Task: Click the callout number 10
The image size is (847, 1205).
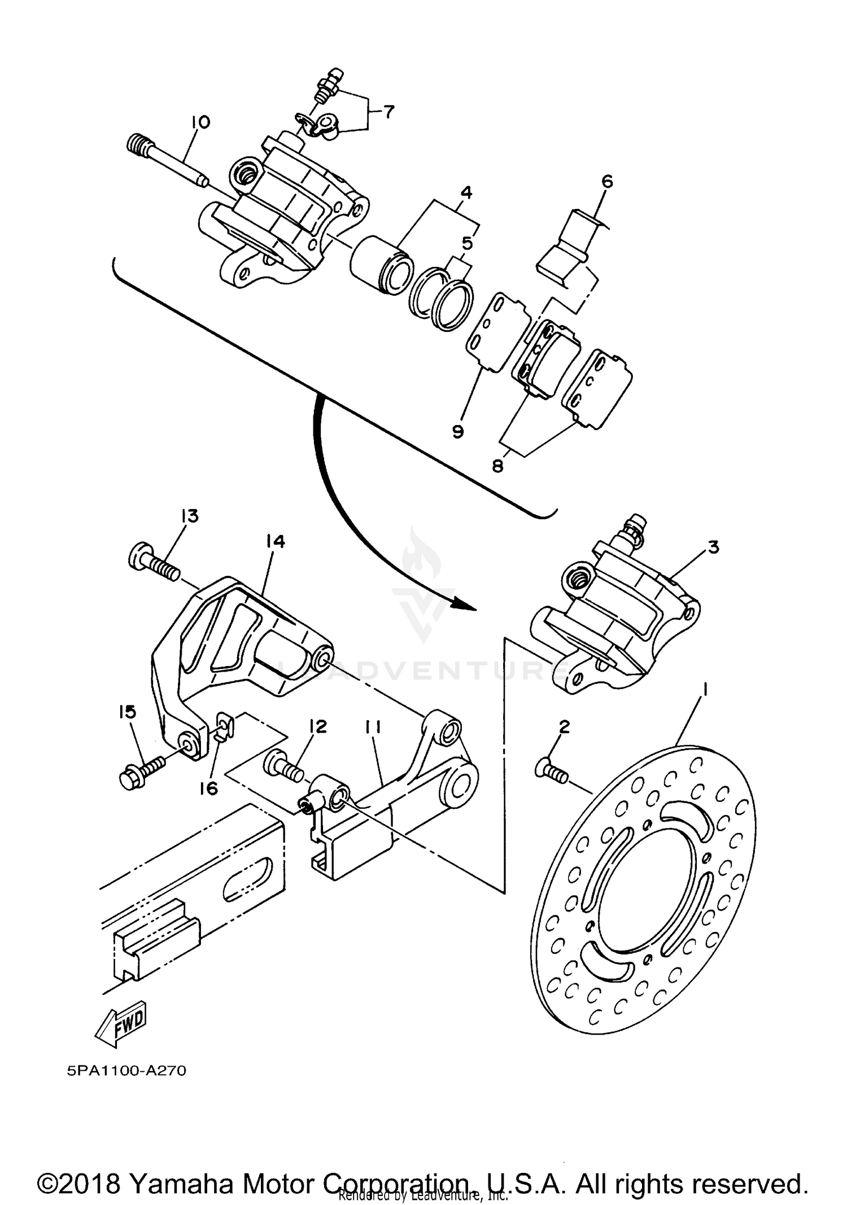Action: click(200, 122)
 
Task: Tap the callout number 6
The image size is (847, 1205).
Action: click(607, 182)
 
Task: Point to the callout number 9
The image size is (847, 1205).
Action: click(458, 431)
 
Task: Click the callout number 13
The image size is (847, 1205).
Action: click(190, 516)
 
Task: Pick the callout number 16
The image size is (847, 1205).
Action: click(209, 788)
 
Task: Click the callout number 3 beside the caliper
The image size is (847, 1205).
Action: click(713, 547)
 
